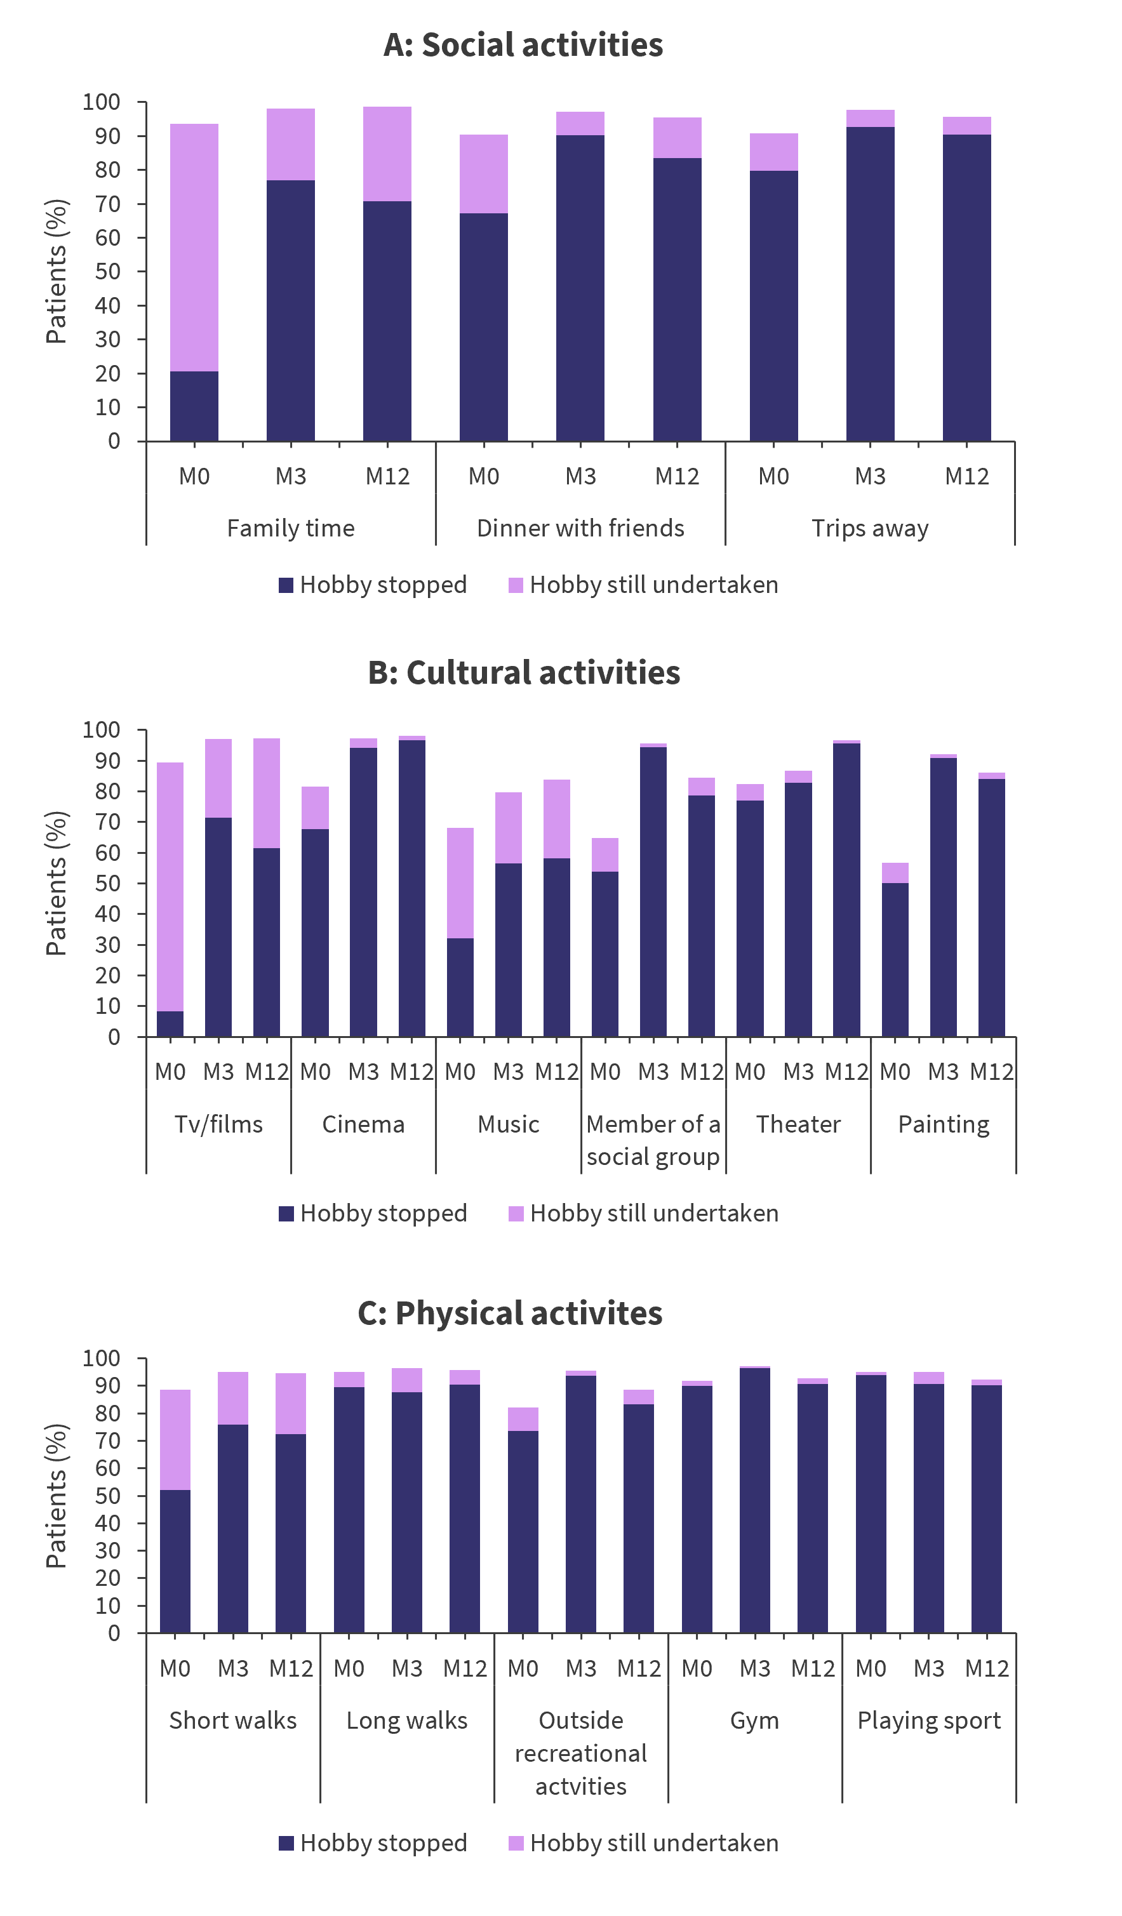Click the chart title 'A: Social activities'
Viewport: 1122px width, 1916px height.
(523, 45)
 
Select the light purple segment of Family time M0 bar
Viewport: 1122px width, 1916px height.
(194, 248)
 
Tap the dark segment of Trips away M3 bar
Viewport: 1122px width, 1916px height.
(870, 284)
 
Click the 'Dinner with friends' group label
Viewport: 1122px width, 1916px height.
(580, 528)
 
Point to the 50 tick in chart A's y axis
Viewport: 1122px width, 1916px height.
(108, 272)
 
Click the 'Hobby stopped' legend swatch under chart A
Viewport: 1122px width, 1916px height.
(286, 585)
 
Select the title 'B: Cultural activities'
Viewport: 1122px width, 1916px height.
(524, 673)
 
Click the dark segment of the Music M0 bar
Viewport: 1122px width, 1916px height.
(460, 987)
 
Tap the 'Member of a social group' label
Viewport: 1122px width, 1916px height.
(653, 1140)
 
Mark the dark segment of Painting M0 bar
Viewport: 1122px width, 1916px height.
(895, 959)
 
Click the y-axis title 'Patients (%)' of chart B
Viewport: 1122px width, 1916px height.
(57, 884)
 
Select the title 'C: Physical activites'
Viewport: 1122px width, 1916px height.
(511, 1314)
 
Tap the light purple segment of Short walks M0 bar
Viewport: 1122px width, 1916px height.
(175, 1440)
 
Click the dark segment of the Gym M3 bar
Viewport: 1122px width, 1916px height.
(754, 1501)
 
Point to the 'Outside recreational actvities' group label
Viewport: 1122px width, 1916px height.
(581, 1753)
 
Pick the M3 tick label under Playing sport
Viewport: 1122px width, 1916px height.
(929, 1669)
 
